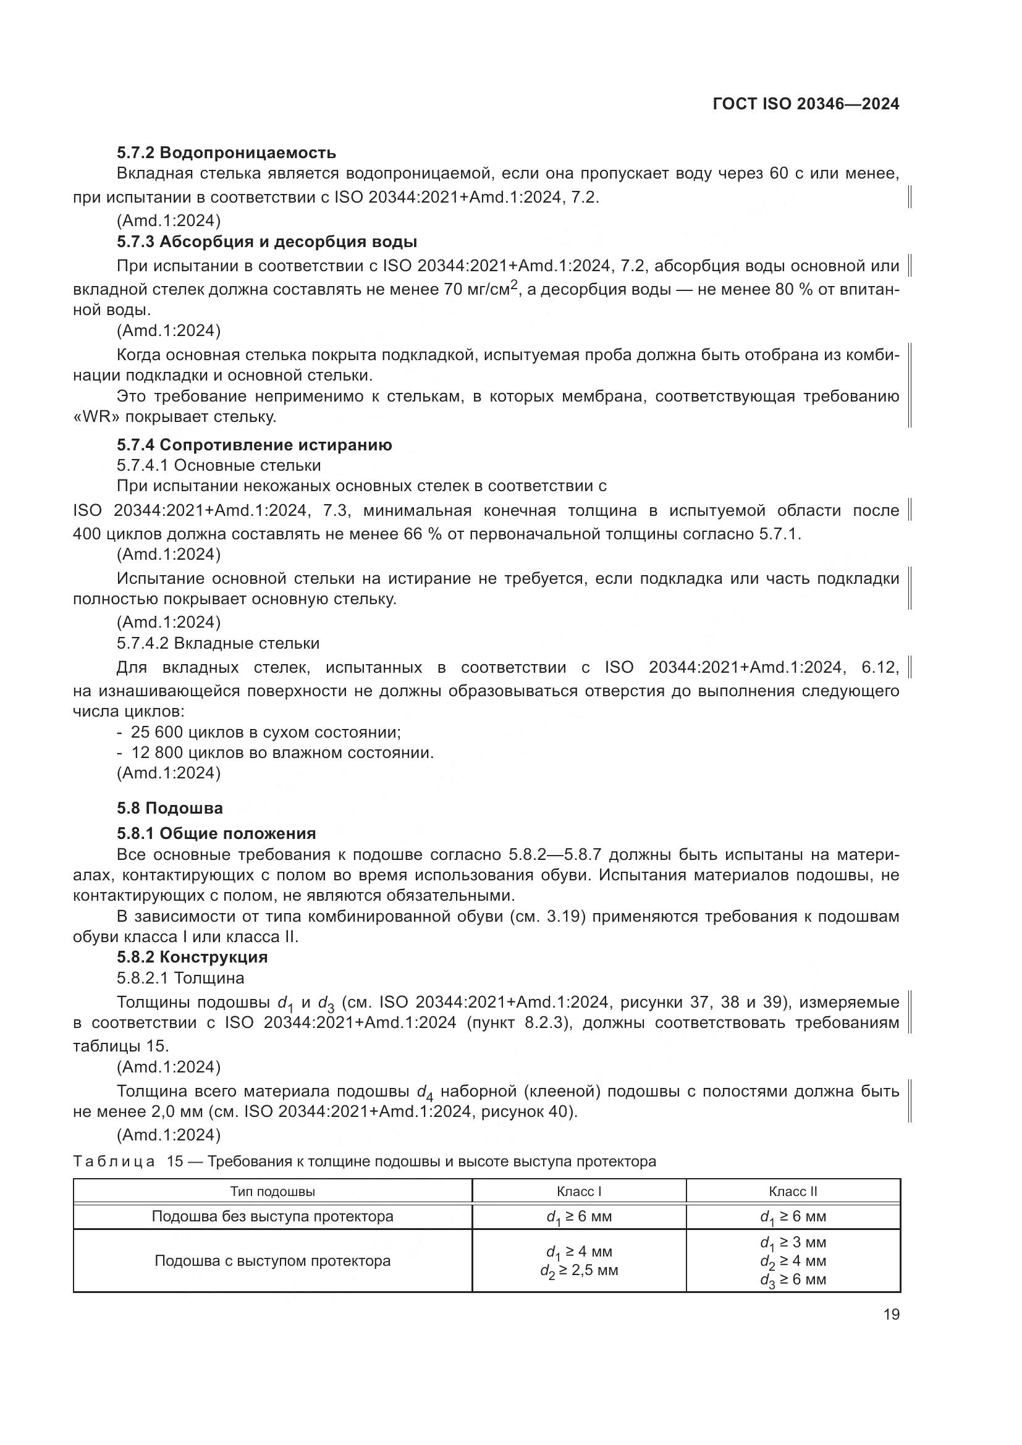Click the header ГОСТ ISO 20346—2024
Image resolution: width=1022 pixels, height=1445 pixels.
[x=806, y=104]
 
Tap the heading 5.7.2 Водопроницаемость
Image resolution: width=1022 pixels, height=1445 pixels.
[x=226, y=153]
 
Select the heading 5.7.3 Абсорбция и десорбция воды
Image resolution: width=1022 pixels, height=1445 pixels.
[x=267, y=242]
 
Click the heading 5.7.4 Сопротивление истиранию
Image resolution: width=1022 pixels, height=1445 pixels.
[x=254, y=445]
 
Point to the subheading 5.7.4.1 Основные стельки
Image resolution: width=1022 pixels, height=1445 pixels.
[x=218, y=466]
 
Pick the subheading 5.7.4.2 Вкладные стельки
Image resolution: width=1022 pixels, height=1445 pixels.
[x=217, y=643]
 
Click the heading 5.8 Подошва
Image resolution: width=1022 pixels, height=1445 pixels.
[x=169, y=808]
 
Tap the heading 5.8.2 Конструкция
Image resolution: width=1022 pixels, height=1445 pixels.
[x=192, y=957]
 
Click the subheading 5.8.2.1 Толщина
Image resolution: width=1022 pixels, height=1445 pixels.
[x=180, y=978]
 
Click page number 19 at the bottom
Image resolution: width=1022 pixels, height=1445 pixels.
[x=891, y=1315]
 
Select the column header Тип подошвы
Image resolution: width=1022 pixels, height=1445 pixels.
[x=272, y=1191]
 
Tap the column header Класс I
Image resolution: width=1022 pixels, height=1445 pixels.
[x=579, y=1191]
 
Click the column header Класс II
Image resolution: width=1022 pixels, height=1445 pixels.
[x=793, y=1191]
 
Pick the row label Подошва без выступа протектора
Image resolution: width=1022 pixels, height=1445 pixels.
[x=272, y=1216]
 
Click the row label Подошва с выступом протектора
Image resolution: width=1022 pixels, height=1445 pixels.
[x=272, y=1262]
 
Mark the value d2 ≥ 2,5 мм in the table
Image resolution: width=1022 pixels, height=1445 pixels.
[x=579, y=1271]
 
